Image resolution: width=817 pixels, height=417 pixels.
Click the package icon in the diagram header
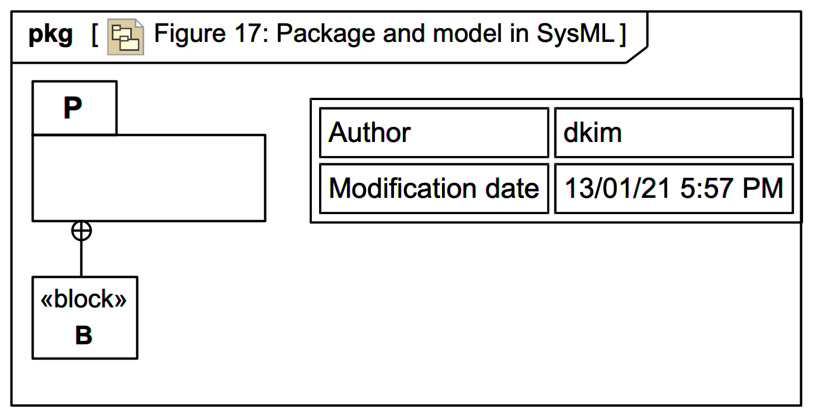tap(126, 38)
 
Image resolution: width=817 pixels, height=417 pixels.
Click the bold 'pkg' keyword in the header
tap(50, 35)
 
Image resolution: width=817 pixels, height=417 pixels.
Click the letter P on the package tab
tap(73, 108)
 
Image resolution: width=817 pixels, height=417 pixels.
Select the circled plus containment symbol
tap(82, 231)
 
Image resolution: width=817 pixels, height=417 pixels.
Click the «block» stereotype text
tap(84, 300)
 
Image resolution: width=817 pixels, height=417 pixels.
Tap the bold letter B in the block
tap(84, 335)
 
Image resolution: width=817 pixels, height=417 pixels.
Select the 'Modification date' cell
tap(434, 188)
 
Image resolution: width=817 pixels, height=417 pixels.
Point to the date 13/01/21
tap(617, 188)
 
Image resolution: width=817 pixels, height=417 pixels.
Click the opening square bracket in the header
tap(95, 35)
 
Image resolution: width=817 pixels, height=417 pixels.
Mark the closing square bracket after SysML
tap(623, 35)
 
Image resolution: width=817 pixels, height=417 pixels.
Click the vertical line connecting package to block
tap(82, 258)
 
